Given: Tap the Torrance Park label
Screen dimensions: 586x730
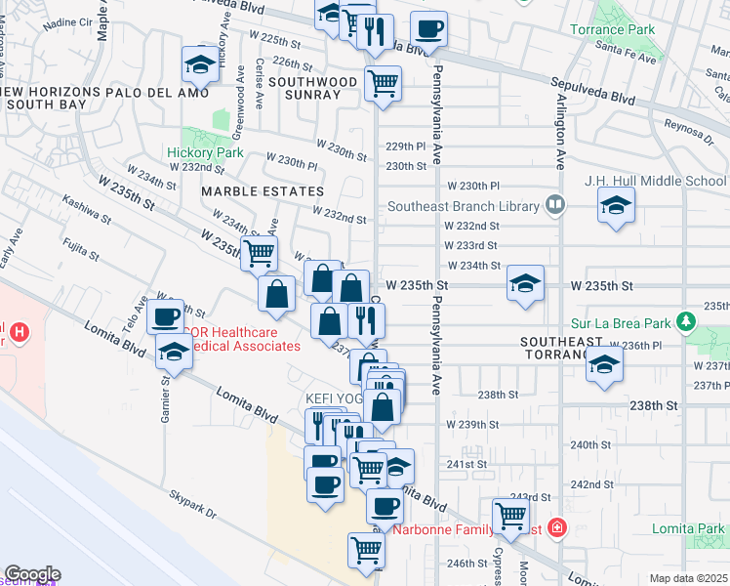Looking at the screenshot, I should click(640, 30).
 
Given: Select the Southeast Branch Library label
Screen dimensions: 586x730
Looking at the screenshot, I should click(464, 206).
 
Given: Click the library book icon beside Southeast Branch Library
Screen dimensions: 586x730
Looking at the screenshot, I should click(555, 205).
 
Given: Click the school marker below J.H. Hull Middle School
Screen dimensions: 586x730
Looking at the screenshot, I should click(615, 206).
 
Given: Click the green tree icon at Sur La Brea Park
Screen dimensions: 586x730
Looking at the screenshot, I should click(687, 320).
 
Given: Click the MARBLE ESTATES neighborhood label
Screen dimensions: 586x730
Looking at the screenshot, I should click(262, 191).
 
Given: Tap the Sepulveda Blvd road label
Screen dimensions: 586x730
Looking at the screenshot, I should click(623, 98).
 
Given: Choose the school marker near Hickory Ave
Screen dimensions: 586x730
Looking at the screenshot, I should click(200, 65).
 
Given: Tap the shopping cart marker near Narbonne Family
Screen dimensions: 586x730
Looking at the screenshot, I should click(510, 515).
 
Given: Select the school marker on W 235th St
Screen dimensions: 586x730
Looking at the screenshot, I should click(526, 285).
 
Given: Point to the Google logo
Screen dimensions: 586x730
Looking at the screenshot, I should click(32, 573).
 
